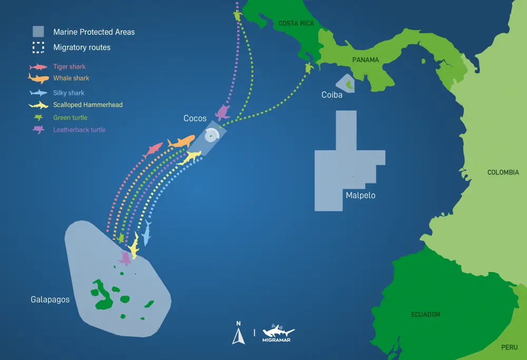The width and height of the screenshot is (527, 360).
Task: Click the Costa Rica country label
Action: point(297,23)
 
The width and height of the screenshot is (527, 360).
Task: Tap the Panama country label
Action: point(365,60)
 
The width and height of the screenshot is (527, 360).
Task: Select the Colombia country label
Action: point(503,172)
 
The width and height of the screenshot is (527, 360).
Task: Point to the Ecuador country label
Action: point(425,315)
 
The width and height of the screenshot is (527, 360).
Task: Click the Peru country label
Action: point(509,348)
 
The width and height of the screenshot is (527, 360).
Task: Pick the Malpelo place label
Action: point(360,195)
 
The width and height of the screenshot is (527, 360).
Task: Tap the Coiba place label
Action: point(332,95)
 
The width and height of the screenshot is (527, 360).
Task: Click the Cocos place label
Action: point(195,118)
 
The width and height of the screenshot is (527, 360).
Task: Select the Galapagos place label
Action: point(50,299)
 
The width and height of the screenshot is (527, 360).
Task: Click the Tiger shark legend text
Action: point(69,67)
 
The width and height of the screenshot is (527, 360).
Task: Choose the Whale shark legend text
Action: point(71,78)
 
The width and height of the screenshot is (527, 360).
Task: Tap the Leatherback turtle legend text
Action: point(79,130)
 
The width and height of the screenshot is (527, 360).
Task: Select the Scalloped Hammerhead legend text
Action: point(87,105)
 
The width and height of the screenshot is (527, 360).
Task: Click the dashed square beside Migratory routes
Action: point(38,47)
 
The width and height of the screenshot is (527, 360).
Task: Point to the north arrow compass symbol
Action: point(238,333)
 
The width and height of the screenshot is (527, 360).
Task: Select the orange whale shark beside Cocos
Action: point(181,142)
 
